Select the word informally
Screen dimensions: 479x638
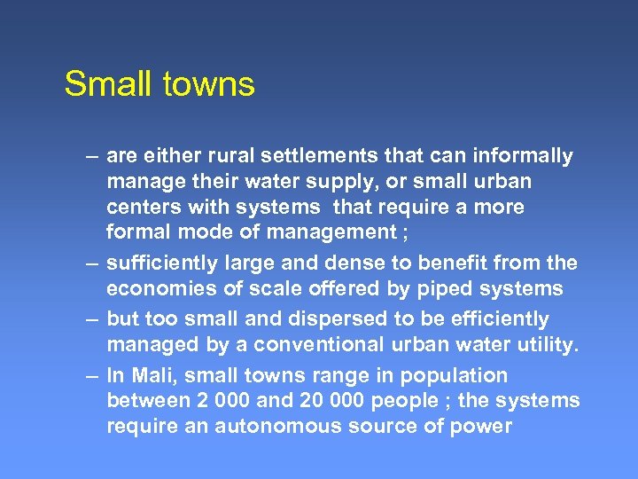pos(523,156)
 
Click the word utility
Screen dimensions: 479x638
pos(548,344)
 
